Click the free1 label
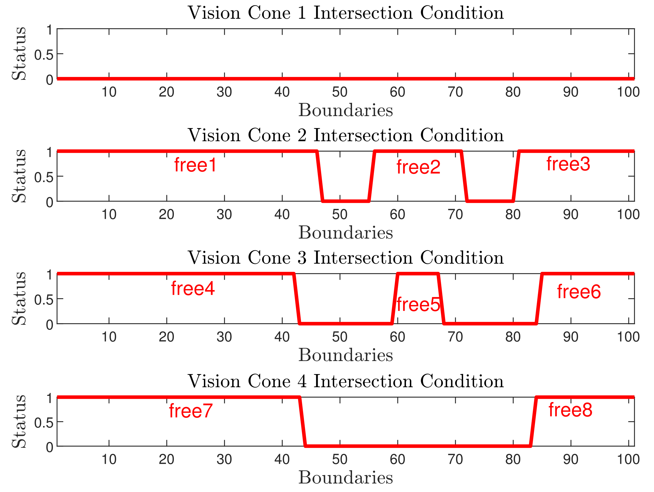[x=195, y=165]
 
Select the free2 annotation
[x=418, y=167]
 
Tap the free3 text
[x=568, y=164]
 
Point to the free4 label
[x=193, y=289]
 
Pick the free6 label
[x=579, y=292]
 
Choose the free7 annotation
[x=191, y=411]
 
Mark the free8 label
[x=570, y=410]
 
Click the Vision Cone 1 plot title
[x=346, y=13]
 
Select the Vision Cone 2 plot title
[x=346, y=136]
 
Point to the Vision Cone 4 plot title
[x=346, y=381]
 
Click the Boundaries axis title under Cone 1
[x=346, y=110]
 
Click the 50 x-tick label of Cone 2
[x=340, y=215]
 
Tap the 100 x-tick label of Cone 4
[x=628, y=460]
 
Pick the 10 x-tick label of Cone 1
[x=109, y=92]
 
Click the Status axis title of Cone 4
[x=19, y=421]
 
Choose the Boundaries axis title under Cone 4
[x=346, y=478]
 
